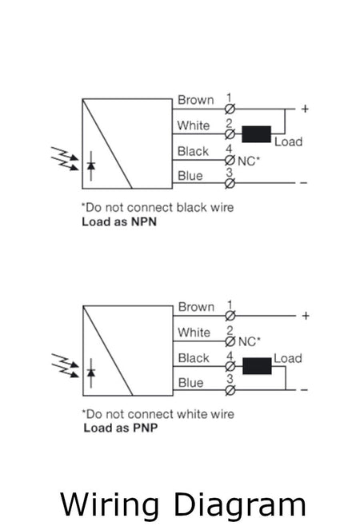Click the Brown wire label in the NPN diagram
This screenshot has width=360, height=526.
point(195,100)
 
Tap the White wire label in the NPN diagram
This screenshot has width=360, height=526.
point(194,126)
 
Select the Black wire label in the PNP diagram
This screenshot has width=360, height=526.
point(194,358)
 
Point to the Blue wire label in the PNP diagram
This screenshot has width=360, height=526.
point(190,383)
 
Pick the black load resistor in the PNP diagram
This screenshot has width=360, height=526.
point(258,367)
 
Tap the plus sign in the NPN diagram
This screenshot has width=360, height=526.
point(304,109)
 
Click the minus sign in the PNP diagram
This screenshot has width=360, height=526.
point(304,391)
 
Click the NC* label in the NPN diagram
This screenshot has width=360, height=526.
point(249,161)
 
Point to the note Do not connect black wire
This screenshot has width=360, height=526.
point(158,208)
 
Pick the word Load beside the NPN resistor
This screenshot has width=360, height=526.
point(288,142)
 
